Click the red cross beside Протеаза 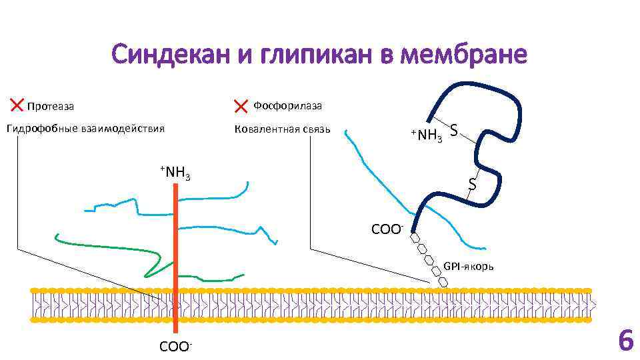click(x=16, y=104)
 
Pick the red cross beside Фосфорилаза click(x=241, y=105)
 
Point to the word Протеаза click(x=50, y=106)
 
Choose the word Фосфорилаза click(x=287, y=105)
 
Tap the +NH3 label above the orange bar click(x=175, y=173)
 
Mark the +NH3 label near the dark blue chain click(x=426, y=136)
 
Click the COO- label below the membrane click(x=175, y=347)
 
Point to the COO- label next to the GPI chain click(x=387, y=230)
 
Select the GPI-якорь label click(x=469, y=267)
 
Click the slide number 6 click(x=625, y=341)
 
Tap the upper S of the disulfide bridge click(x=453, y=131)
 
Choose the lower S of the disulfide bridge click(x=471, y=183)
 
